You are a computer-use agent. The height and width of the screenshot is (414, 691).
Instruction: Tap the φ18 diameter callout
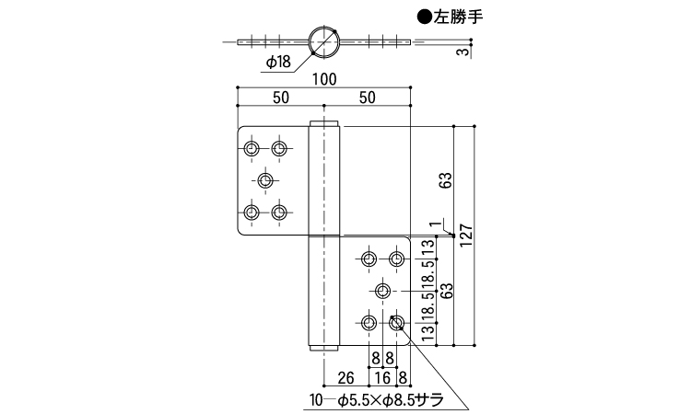(x=277, y=62)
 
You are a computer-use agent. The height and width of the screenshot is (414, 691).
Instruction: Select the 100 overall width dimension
(x=322, y=79)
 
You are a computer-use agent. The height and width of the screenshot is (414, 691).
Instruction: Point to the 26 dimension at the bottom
(x=346, y=376)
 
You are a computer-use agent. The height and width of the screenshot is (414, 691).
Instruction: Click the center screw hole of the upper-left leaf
(x=265, y=179)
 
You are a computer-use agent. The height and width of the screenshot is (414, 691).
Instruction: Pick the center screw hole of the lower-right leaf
(x=383, y=291)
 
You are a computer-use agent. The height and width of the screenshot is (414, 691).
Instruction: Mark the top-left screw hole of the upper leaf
(x=252, y=146)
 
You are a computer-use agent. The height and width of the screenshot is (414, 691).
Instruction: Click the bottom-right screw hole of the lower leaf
(x=397, y=323)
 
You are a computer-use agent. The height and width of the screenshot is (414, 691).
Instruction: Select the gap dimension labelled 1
(x=430, y=222)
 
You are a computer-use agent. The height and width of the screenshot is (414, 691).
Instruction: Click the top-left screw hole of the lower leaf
(x=369, y=258)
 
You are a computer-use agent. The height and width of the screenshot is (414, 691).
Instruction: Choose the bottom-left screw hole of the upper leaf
(x=252, y=213)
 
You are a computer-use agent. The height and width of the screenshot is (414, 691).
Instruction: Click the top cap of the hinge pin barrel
(x=324, y=124)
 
